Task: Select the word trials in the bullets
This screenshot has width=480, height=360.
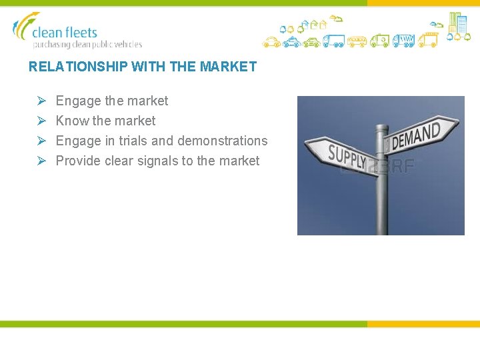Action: pyautogui.click(x=133, y=141)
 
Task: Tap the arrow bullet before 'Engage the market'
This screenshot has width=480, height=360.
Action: pyautogui.click(x=41, y=101)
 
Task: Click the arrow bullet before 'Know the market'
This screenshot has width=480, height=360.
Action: pyautogui.click(x=41, y=121)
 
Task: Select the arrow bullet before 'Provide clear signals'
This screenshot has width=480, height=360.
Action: pyautogui.click(x=41, y=161)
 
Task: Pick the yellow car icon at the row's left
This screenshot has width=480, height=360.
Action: pyautogui.click(x=271, y=42)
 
